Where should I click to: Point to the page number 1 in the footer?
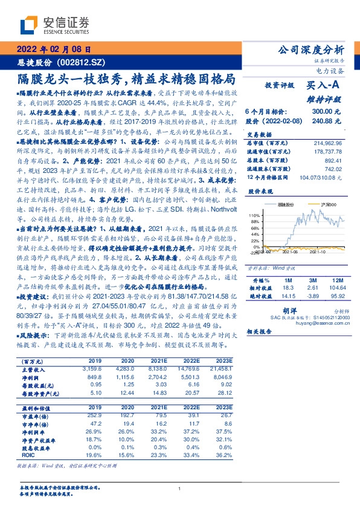pyautogui.click(x=180, y=489)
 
